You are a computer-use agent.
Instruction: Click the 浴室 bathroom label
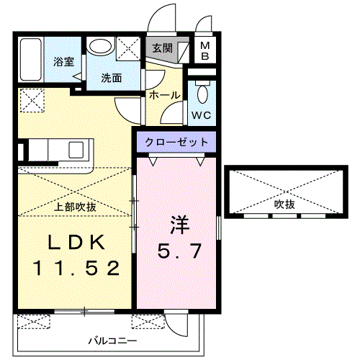tap(63, 62)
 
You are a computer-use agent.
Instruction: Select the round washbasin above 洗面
tap(99, 48)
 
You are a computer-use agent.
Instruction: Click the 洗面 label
tap(111, 78)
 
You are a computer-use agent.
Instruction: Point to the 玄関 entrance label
tap(162, 49)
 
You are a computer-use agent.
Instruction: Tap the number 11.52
tap(74, 269)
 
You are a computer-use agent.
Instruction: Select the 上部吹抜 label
tap(76, 207)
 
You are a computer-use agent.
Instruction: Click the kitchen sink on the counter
tap(76, 150)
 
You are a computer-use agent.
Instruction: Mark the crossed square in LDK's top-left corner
tap(31, 99)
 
